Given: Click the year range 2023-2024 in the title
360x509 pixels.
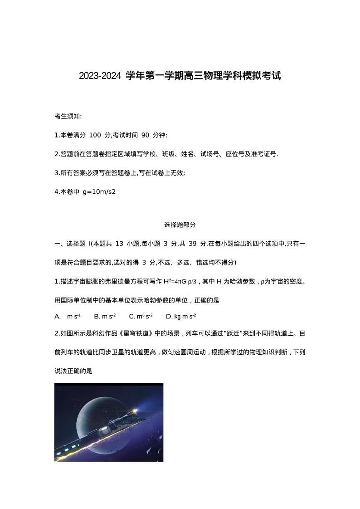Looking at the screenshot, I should point(100,76).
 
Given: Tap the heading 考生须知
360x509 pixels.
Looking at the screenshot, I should point(68,117).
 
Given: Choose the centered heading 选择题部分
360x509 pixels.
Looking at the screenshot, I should point(180,225).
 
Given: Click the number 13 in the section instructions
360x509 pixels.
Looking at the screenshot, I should point(119,244).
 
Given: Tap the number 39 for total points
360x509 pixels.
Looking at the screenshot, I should point(192,244).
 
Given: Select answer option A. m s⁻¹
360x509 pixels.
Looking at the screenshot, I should point(68,316).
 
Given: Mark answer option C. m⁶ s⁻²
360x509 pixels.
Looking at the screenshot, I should point(141,316).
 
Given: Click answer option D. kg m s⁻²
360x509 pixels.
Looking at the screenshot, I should point(181,316).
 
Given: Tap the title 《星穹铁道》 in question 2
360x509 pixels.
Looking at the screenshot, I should point(140,333).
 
